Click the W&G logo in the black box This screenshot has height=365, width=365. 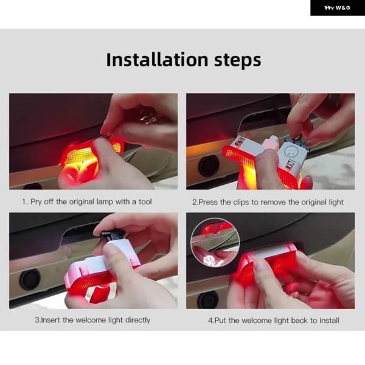(x=337, y=8)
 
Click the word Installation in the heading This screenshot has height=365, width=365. (x=157, y=60)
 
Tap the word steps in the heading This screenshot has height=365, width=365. (x=237, y=61)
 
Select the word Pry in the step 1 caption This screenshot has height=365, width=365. (x=36, y=201)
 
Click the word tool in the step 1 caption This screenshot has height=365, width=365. (x=145, y=201)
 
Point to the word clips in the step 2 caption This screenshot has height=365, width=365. (x=241, y=202)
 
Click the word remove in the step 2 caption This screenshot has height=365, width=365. (x=273, y=202)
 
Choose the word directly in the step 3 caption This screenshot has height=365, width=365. (x=138, y=321)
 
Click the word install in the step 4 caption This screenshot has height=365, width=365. (x=329, y=321)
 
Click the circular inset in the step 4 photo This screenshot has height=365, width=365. (x=215, y=242)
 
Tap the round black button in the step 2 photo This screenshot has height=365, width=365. (x=208, y=165)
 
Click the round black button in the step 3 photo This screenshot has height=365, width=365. (x=30, y=280)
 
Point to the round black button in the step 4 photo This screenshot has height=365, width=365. (x=207, y=301)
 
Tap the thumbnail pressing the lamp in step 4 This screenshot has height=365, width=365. (x=259, y=265)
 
